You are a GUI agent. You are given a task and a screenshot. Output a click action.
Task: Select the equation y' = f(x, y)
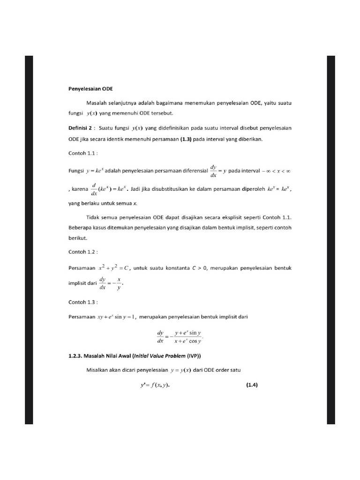pos(152,386)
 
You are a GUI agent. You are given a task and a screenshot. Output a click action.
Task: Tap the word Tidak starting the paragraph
pos(93,217)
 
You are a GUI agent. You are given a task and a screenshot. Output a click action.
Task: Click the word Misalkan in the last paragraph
pos(97,370)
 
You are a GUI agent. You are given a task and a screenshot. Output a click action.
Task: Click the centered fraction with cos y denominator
pos(180,337)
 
